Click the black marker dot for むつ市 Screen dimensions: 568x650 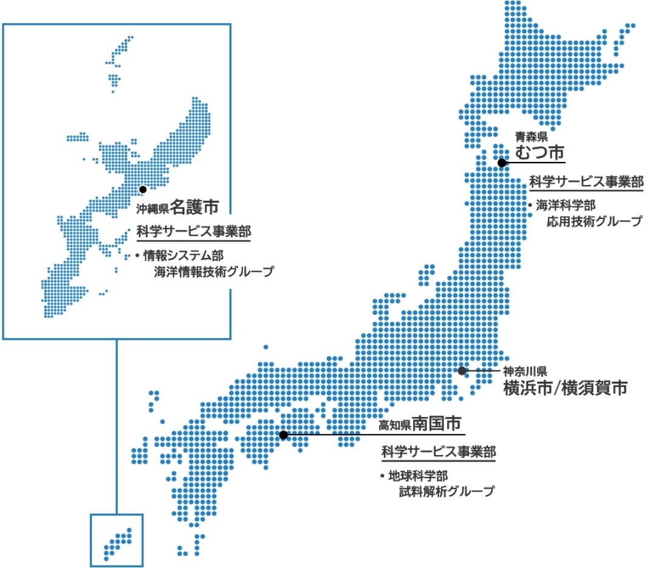tap(502, 163)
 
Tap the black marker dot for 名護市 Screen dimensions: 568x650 tap(142, 189)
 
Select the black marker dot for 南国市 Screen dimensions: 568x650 tap(283, 434)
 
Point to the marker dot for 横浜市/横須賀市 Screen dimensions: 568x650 tap(462, 370)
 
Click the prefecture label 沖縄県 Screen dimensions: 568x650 tap(152, 209)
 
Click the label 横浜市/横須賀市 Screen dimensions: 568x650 tap(564, 388)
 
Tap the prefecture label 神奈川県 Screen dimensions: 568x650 tap(525, 371)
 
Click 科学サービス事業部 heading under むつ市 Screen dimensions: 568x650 tap(586, 181)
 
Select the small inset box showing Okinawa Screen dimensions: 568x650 tap(117, 539)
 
